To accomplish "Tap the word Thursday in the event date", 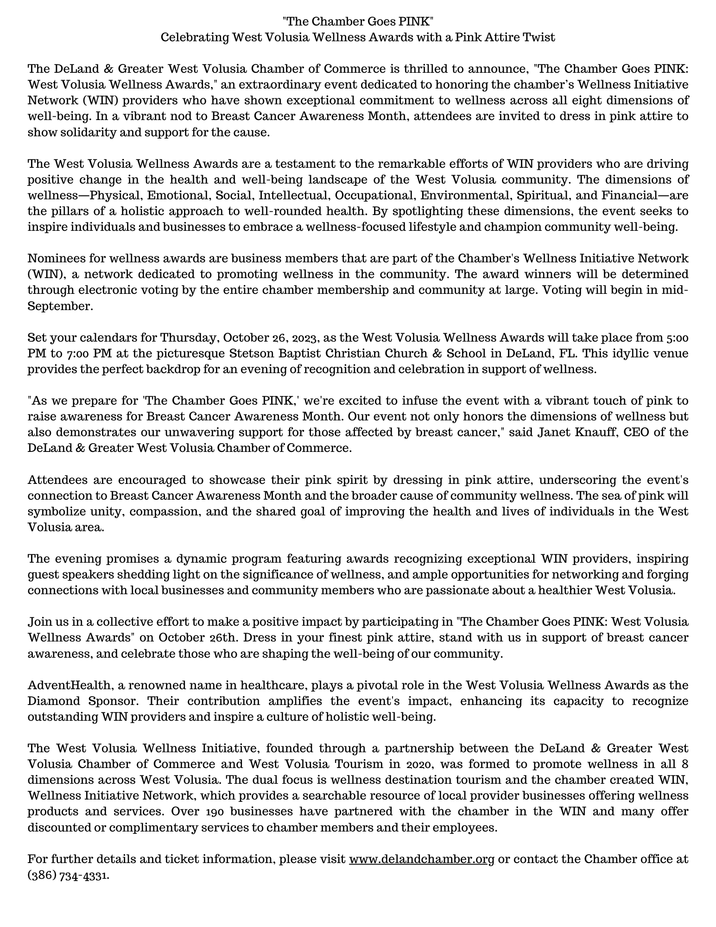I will pos(188,337).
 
